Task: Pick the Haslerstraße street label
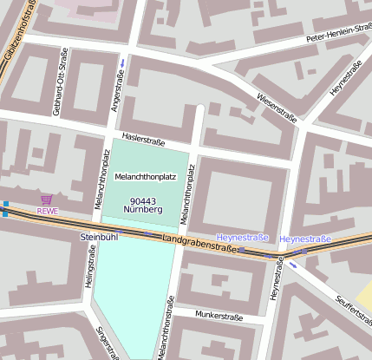click(x=143, y=141)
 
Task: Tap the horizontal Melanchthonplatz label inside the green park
click(x=146, y=176)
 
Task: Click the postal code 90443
click(x=146, y=199)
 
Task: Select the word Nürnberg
click(x=146, y=209)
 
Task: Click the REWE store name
click(x=47, y=211)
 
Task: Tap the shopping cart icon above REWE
click(x=47, y=200)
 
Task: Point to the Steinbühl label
click(x=98, y=236)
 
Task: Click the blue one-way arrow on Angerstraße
click(x=122, y=62)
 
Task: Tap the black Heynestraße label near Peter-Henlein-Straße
click(x=345, y=78)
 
